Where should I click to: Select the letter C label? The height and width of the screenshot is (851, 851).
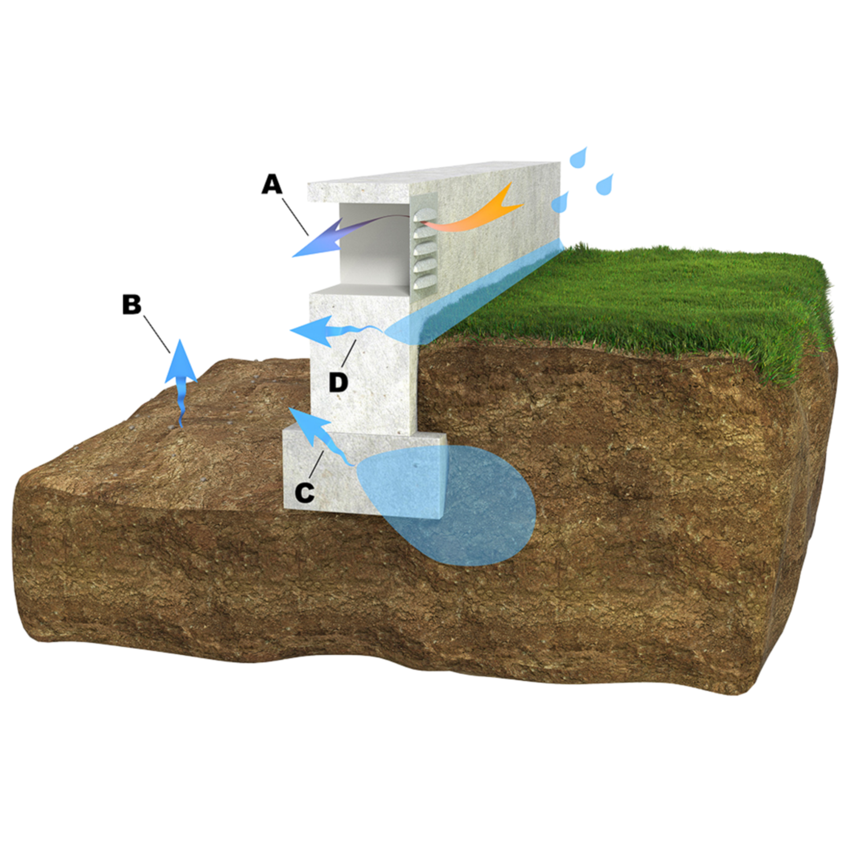coord(305,492)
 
